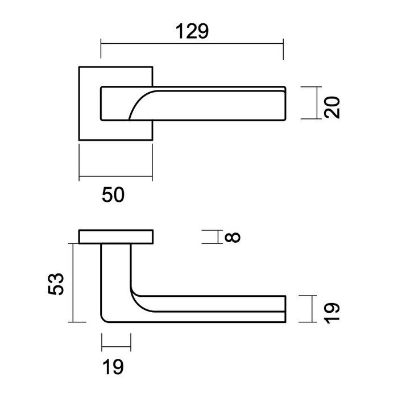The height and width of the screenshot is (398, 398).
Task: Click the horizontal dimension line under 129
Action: click(191, 43)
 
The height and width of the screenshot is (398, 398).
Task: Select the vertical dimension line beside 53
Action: click(73, 282)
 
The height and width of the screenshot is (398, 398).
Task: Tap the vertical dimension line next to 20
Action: click(314, 103)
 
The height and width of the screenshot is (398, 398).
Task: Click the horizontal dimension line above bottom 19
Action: click(116, 346)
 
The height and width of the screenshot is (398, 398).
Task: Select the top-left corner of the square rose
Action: click(79, 67)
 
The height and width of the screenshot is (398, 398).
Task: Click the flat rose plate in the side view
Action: click(116, 237)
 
